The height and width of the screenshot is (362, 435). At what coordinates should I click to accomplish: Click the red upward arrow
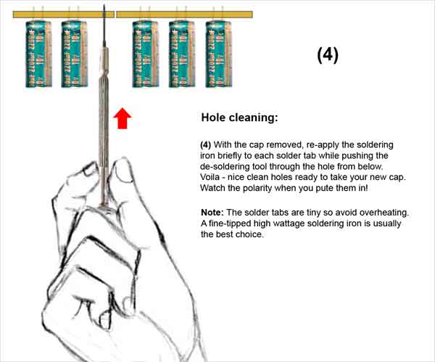(123, 118)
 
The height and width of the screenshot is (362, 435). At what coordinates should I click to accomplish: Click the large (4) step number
(328, 54)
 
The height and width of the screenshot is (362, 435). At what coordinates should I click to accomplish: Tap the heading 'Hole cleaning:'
(239, 118)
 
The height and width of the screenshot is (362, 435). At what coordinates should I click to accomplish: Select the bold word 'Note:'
(212, 213)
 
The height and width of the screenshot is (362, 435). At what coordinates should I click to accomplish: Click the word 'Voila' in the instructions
(210, 177)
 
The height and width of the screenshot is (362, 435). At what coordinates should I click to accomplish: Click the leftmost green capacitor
(38, 54)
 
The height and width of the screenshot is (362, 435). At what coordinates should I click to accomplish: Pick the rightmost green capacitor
(219, 54)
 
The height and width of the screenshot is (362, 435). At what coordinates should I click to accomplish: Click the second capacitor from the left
(74, 54)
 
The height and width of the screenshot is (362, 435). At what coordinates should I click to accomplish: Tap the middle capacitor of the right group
(182, 54)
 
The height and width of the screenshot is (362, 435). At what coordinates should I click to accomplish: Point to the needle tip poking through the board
(104, 5)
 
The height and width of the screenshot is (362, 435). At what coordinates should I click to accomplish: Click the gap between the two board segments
(115, 15)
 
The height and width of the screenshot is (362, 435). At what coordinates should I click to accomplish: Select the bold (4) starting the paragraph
(206, 145)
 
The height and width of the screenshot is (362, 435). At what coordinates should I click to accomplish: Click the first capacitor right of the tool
(146, 54)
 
